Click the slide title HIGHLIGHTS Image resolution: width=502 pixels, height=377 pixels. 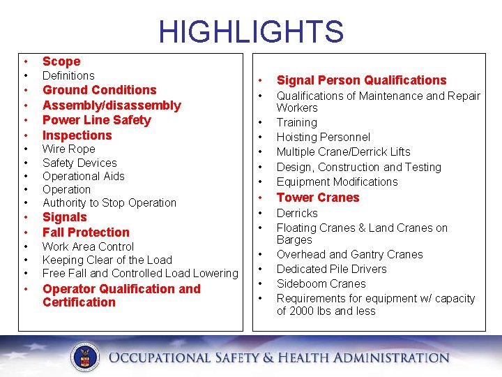tap(251, 32)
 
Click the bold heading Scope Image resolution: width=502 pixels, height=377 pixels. tap(61, 61)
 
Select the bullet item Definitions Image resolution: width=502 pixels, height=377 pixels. tap(68, 75)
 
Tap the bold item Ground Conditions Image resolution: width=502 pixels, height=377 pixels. tap(99, 90)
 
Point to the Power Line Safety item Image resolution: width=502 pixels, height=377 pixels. tap(96, 120)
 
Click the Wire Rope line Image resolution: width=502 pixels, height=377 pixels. tap(68, 149)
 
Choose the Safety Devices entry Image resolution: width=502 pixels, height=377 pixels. tap(79, 163)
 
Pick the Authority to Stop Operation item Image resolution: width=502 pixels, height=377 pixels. tap(109, 203)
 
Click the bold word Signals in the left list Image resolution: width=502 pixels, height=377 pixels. tap(64, 217)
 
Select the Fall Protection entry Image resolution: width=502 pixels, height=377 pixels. tap(86, 232)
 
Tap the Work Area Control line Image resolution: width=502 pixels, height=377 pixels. tap(88, 246)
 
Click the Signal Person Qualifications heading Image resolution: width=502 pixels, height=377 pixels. tap(361, 80)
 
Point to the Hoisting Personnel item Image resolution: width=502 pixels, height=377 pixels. tap(323, 138)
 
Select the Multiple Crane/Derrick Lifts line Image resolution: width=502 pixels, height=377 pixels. tap(343, 152)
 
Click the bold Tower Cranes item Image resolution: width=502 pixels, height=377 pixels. tap(318, 198)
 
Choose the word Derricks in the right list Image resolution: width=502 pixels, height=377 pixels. tap(297, 214)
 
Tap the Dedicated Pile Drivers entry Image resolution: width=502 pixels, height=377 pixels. tap(331, 269)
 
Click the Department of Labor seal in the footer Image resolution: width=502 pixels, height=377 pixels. tap(87, 357)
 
